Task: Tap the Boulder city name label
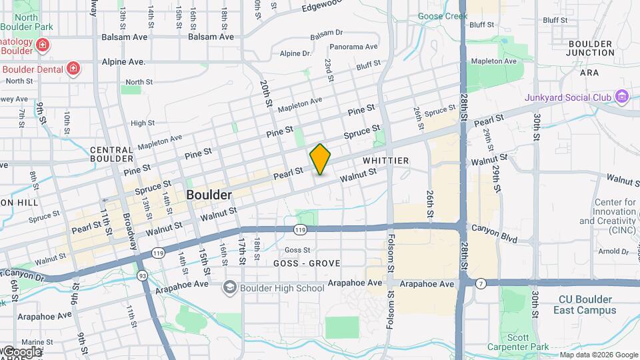click(209, 195)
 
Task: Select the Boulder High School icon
click(230, 287)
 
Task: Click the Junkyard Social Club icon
click(622, 97)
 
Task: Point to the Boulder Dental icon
click(73, 69)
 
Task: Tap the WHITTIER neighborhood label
click(385, 161)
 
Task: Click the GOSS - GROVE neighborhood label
click(307, 264)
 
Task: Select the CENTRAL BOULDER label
click(111, 154)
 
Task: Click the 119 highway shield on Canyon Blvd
click(300, 229)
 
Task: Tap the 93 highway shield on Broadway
click(142, 275)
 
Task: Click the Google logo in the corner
click(21, 351)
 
